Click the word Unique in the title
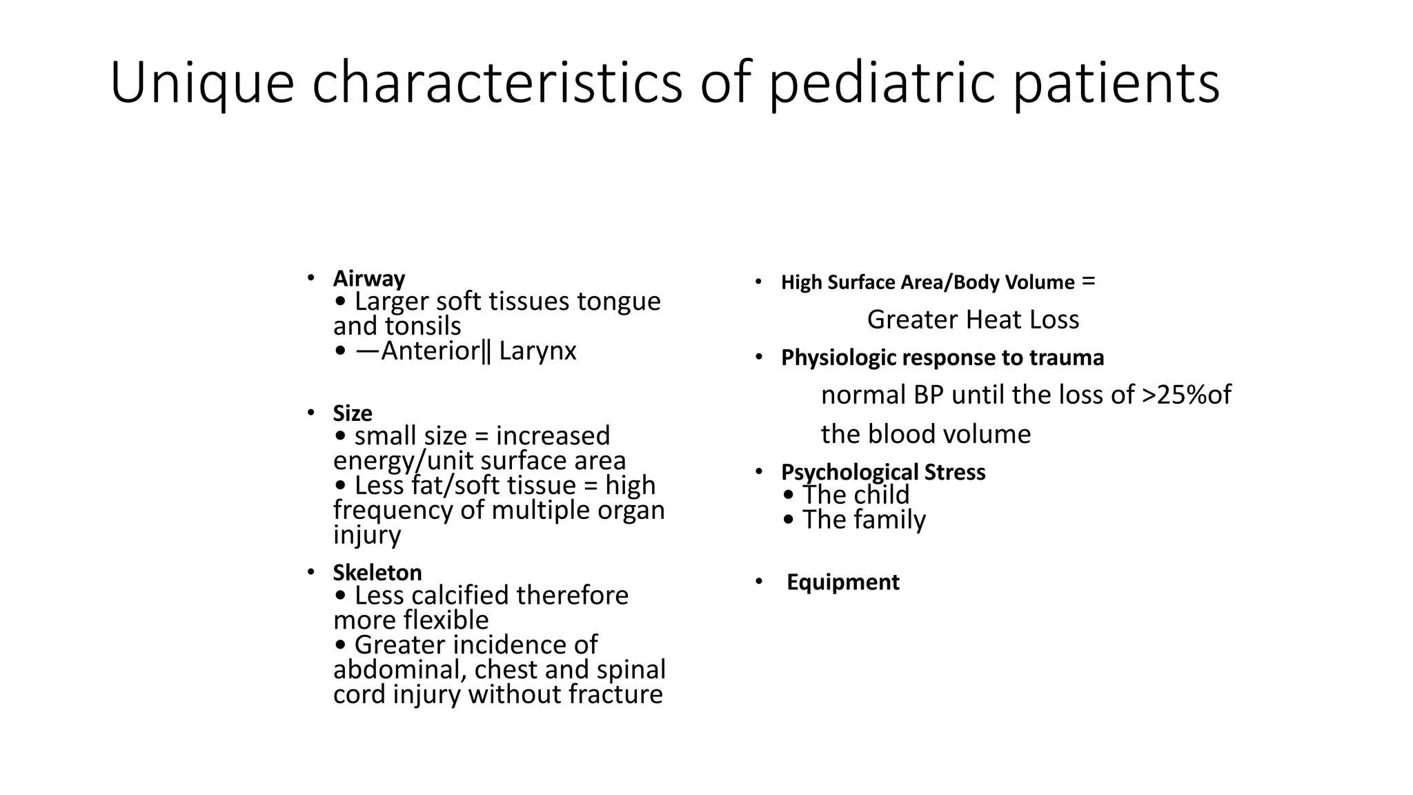pyautogui.click(x=201, y=84)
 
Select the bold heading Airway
pyautogui.click(x=368, y=279)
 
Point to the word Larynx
pyautogui.click(x=537, y=351)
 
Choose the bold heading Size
pyautogui.click(x=352, y=413)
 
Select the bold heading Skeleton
pyautogui.click(x=377, y=573)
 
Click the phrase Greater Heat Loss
pyautogui.click(x=973, y=320)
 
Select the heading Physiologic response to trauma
pyautogui.click(x=942, y=358)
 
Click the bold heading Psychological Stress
pyautogui.click(x=882, y=472)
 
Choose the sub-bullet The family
pyautogui.click(x=863, y=520)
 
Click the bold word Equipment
pyautogui.click(x=842, y=582)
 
